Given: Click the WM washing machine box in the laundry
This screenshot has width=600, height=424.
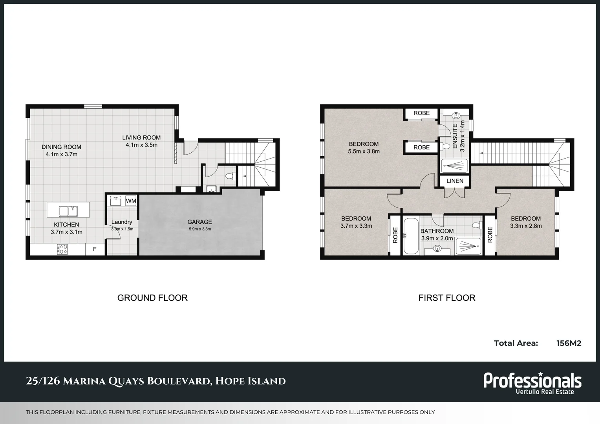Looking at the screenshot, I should coord(131,201).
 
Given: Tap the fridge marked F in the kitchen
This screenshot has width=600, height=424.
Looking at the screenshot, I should coord(95,249).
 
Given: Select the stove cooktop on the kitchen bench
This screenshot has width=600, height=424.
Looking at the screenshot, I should coord(62,249).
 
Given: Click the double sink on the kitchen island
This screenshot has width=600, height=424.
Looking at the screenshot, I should coord(68,211).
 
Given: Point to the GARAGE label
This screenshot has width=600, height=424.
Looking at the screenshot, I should coord(199,222).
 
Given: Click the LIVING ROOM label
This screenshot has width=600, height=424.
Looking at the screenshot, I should coord(141,137).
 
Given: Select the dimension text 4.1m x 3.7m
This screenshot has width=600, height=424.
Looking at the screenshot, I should coord(61,154).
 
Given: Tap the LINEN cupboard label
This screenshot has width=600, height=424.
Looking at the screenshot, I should coord(455,181).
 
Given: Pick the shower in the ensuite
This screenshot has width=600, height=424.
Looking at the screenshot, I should coord(454,166).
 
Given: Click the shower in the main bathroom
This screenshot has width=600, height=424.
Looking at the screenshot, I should coord(468,246).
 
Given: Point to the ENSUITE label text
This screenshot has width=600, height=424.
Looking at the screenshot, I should coord(455,136).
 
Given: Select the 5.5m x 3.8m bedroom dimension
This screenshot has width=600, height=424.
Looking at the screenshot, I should coord(364,151).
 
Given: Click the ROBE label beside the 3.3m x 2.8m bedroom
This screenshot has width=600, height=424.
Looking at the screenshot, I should coord(490,235).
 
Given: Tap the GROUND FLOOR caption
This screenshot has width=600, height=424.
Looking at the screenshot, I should coord(152,298).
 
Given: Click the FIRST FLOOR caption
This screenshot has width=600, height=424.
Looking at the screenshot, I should coord(446,298).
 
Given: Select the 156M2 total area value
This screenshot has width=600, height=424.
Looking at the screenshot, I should coord(569,343).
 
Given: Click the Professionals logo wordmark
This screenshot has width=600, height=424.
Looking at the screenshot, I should coord(532,380).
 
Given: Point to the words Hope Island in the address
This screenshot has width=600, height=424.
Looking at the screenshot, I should coord(251,381).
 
